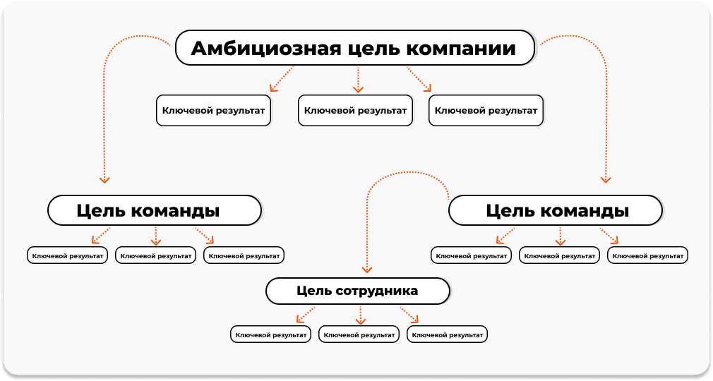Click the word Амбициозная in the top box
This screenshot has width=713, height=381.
[266, 48]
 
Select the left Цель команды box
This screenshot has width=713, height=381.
[155, 210]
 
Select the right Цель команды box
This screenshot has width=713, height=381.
[555, 210]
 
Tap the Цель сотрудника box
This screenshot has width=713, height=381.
[358, 291]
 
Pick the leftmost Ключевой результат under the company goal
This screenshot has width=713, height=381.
[213, 111]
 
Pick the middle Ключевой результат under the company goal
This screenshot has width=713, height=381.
[355, 111]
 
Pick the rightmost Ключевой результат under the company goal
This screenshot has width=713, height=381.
[486, 111]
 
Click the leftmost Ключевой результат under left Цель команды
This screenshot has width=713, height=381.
[67, 255]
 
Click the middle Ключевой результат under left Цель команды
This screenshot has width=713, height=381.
[155, 255]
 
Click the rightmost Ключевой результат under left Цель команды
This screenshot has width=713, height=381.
[244, 255]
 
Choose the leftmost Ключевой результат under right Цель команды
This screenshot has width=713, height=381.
[471, 255]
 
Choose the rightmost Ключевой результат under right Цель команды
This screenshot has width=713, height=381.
[647, 255]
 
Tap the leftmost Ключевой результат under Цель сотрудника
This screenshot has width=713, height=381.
[270, 334]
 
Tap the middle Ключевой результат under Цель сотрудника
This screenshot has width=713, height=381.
[359, 334]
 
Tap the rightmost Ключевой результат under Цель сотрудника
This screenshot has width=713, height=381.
[447, 334]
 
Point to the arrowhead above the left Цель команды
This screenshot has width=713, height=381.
[104, 180]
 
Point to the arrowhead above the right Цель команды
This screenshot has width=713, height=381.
[605, 180]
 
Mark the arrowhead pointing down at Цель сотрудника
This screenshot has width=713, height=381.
[367, 270]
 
